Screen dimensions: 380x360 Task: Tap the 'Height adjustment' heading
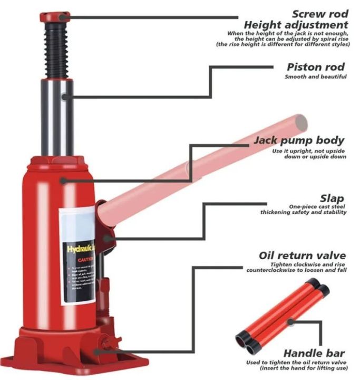click(x=296, y=24)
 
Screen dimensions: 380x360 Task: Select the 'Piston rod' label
click(x=316, y=67)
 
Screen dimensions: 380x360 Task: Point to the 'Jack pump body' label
click(x=299, y=140)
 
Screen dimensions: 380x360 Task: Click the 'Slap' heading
click(x=332, y=198)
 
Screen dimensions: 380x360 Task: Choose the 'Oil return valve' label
click(x=302, y=255)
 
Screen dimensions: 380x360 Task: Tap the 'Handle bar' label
click(x=314, y=353)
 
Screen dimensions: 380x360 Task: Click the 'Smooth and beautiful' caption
click(x=315, y=77)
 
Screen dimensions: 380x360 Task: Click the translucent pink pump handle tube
click(x=211, y=164)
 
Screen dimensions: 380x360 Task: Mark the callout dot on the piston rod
click(x=63, y=97)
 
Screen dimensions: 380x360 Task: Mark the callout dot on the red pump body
click(x=63, y=180)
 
